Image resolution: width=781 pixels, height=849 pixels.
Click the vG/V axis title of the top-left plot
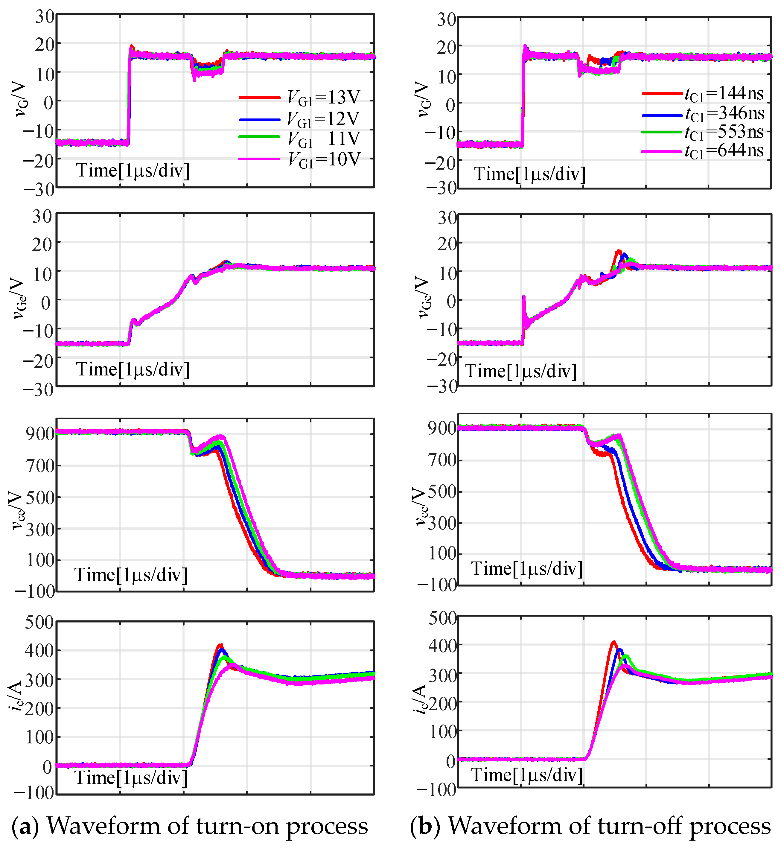coord(19,100)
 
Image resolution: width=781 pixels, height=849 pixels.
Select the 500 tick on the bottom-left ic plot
coord(39,623)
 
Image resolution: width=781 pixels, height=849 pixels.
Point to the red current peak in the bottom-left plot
coord(220,645)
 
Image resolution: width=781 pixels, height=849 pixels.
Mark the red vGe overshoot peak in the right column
coord(619,251)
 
